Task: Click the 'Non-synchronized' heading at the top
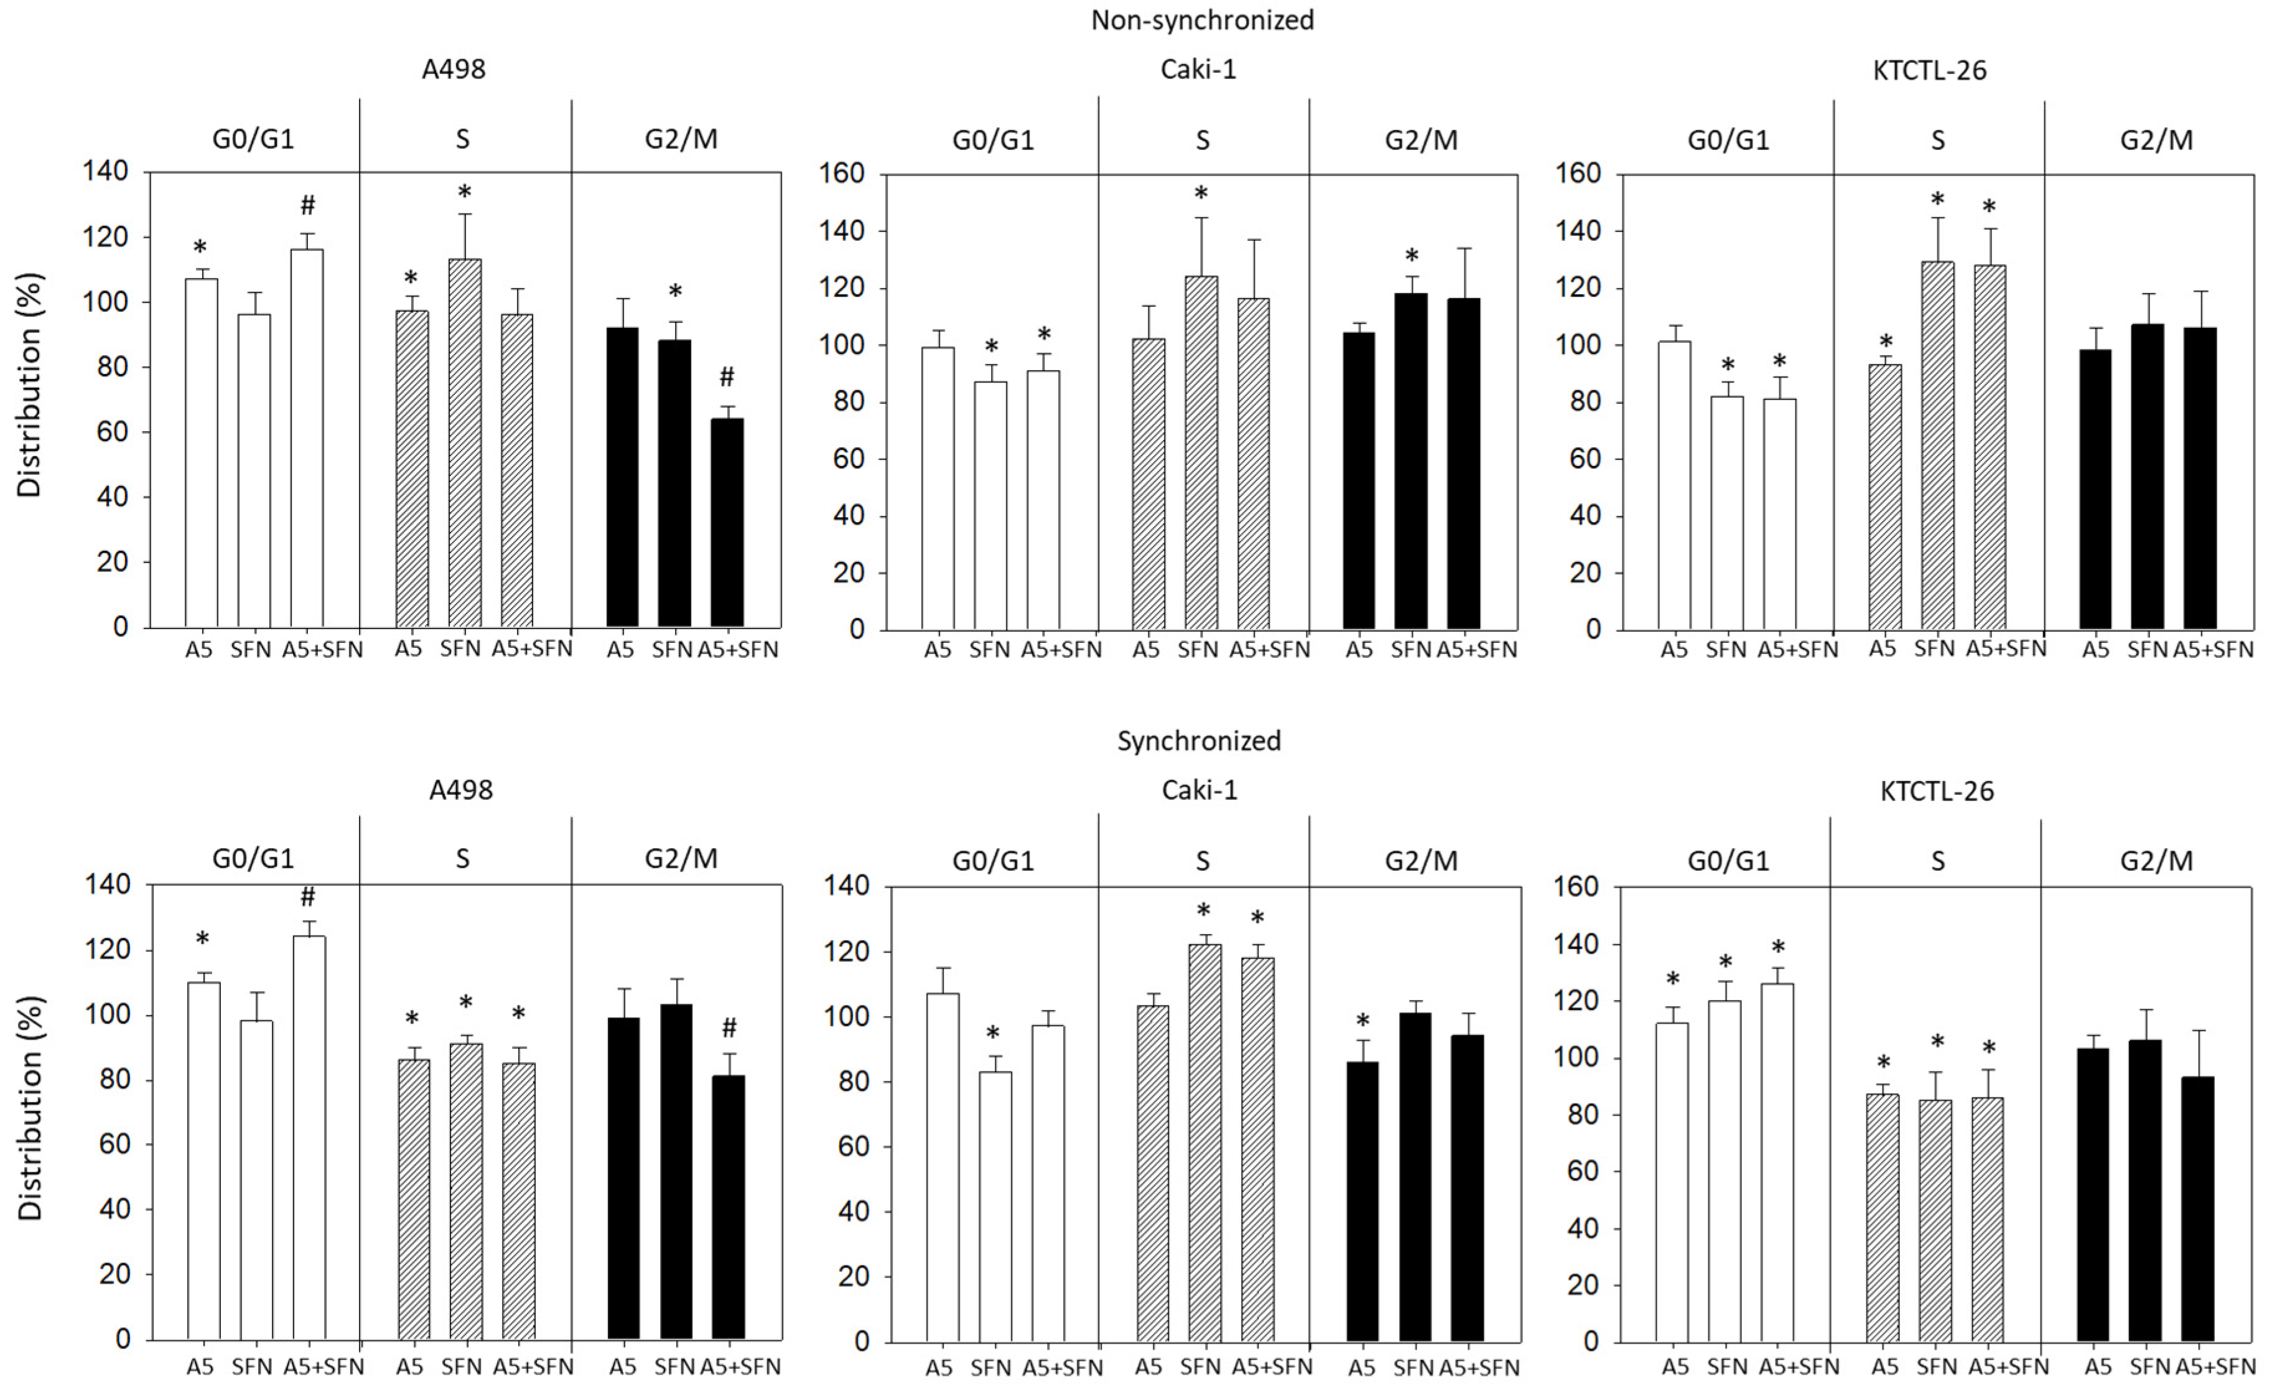coord(1203,21)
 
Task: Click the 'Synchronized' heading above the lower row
coord(1199,740)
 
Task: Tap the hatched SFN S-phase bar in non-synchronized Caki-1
coord(1201,452)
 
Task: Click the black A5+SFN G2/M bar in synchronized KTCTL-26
coord(2197,1208)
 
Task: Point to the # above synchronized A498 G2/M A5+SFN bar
coord(729,1027)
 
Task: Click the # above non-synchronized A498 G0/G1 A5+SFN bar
coord(308,205)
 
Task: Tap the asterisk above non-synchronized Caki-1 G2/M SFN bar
coord(1411,256)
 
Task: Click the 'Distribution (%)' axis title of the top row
coord(29,386)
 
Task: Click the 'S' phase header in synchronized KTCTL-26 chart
coord(1937,861)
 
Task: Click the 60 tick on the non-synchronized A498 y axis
coord(113,432)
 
